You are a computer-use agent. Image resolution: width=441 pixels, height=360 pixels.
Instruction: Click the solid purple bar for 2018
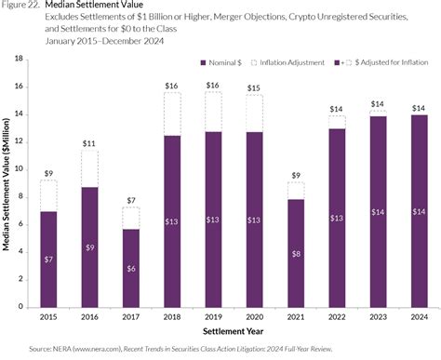pos(171,223)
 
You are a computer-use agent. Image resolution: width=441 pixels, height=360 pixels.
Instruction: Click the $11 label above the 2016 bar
pos(89,144)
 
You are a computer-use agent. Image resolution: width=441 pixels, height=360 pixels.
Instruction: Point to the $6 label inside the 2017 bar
pos(130,268)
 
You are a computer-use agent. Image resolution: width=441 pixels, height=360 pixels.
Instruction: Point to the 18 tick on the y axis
pos(18,58)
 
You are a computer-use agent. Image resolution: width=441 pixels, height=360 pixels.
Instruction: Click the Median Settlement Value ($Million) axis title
pos(7,186)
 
